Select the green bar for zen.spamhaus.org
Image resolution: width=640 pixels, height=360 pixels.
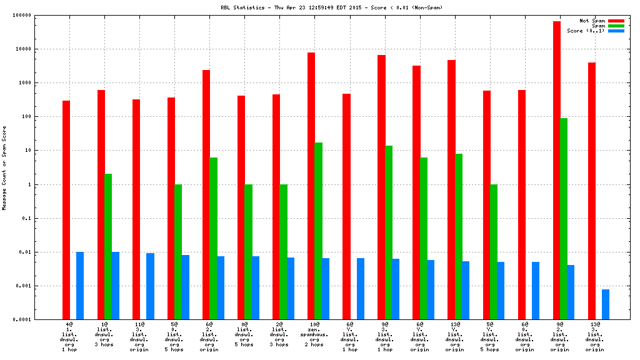(319, 231)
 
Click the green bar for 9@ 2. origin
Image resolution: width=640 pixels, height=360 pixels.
(564, 219)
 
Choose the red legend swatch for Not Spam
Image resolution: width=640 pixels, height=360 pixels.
(616, 21)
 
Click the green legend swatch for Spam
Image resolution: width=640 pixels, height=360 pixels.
(616, 26)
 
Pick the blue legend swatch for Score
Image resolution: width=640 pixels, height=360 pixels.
(616, 31)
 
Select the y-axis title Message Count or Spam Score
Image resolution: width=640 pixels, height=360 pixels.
(4, 167)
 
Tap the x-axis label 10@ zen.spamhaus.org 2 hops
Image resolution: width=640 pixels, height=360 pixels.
(315, 334)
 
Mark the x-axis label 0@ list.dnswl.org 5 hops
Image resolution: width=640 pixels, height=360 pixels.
(245, 334)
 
